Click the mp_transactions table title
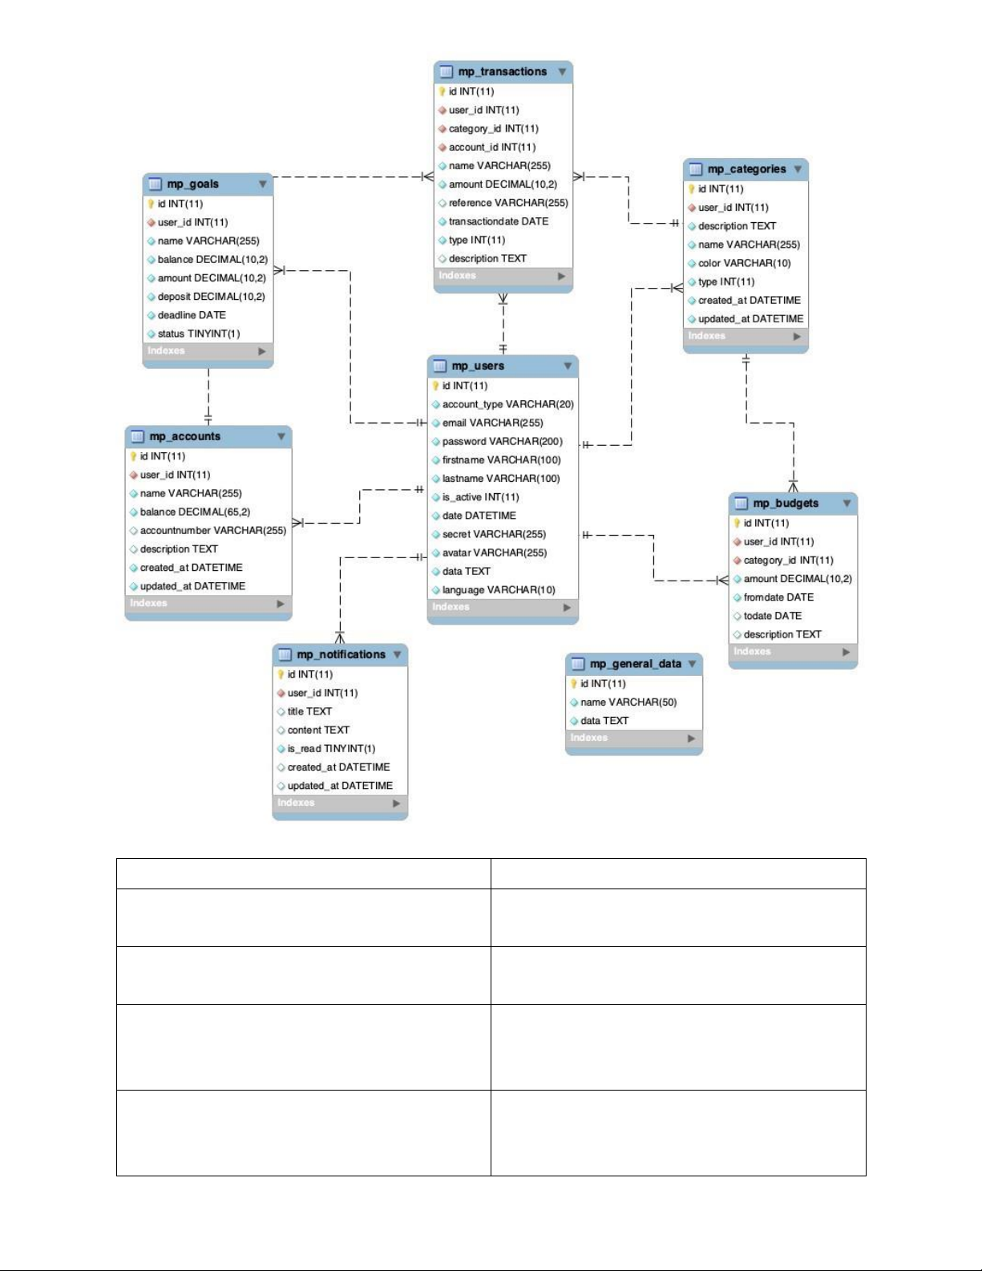click(502, 71)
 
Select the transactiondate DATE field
click(498, 221)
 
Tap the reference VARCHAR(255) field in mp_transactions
click(508, 202)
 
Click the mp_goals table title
click(192, 184)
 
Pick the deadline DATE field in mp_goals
click(191, 314)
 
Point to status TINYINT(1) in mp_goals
click(199, 334)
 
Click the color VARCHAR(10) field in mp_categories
click(744, 263)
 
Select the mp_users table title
click(478, 366)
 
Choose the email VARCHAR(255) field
click(492, 423)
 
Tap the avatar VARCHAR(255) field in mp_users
click(494, 553)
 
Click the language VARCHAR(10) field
click(499, 589)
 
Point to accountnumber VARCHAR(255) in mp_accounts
click(212, 530)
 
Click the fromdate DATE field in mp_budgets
click(778, 597)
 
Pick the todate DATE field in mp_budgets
click(772, 615)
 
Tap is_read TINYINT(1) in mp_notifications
click(331, 748)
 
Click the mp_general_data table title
click(636, 663)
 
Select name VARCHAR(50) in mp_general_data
click(628, 702)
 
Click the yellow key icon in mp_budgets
click(737, 523)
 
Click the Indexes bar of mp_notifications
click(340, 803)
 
